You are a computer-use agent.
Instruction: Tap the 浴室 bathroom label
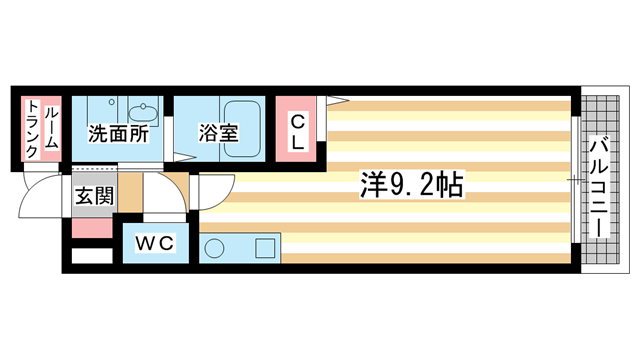click(x=219, y=133)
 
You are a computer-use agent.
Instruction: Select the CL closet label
click(x=297, y=132)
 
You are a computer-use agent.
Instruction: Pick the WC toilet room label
click(x=156, y=242)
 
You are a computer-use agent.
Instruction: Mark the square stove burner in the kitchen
click(x=265, y=247)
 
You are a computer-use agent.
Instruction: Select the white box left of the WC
click(x=91, y=255)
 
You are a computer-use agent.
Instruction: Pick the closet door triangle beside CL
click(x=334, y=99)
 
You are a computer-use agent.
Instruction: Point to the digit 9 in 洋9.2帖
click(x=395, y=185)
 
